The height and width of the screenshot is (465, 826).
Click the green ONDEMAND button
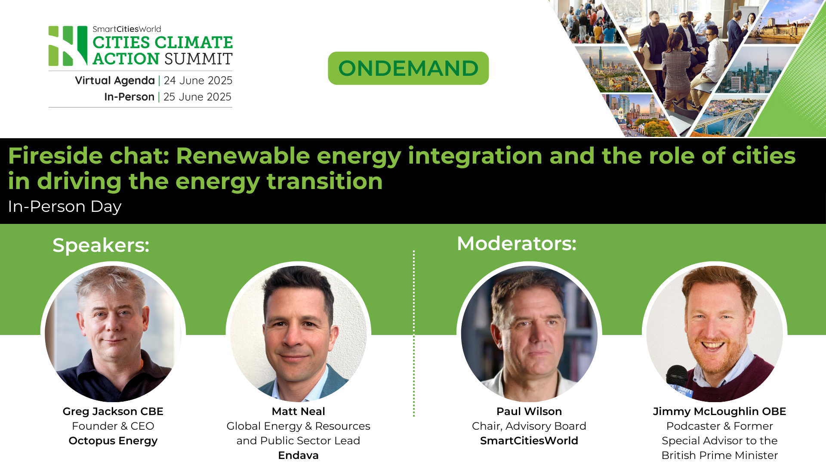[x=408, y=68]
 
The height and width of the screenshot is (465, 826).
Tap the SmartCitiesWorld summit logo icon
[x=68, y=46]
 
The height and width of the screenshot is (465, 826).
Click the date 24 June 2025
[x=198, y=81]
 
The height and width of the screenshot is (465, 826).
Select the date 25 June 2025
[x=197, y=97]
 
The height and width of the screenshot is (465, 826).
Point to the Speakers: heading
[x=101, y=245]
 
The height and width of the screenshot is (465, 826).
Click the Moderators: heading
[x=516, y=244]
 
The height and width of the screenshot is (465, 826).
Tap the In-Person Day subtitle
[x=65, y=207]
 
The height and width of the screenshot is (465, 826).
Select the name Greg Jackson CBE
[x=113, y=412]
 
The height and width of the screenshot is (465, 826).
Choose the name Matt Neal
[x=298, y=412]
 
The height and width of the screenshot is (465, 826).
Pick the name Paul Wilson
[x=529, y=412]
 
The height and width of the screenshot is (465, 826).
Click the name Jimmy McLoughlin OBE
[x=719, y=412]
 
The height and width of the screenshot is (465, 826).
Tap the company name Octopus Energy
[x=113, y=441]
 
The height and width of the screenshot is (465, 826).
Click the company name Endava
[x=298, y=455]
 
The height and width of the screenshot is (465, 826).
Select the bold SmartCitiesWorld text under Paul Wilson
[x=529, y=441]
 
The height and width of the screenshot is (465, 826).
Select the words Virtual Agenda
[x=115, y=81]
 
